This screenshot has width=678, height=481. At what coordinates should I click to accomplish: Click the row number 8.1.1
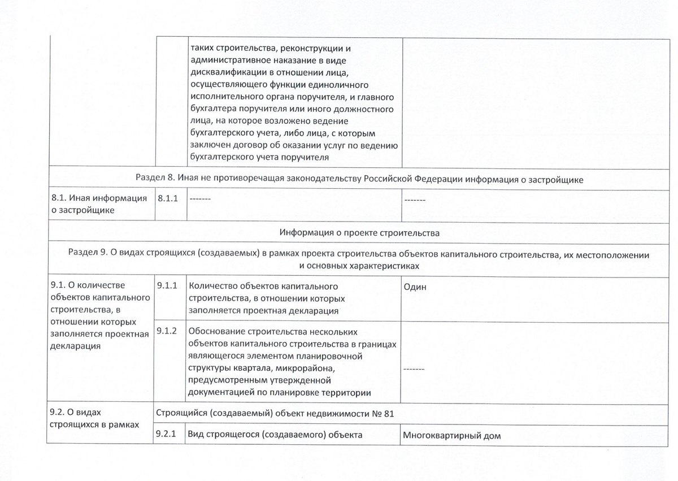click(x=168, y=199)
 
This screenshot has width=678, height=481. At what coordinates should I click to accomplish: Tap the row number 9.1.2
click(x=168, y=331)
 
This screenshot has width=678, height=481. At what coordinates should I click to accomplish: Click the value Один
click(x=415, y=287)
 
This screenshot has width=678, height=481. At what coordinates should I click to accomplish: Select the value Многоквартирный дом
click(x=452, y=436)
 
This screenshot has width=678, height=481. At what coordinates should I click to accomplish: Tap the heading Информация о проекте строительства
click(x=359, y=232)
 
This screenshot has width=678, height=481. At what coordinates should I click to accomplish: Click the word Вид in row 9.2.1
click(x=197, y=435)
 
